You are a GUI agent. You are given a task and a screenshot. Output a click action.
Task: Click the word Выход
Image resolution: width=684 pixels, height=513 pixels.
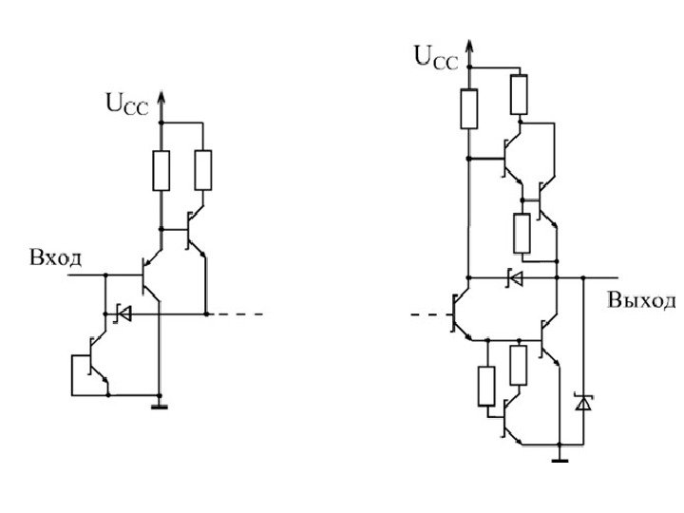pos(641,301)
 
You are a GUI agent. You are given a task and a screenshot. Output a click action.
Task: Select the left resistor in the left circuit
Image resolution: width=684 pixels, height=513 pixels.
pos(160,170)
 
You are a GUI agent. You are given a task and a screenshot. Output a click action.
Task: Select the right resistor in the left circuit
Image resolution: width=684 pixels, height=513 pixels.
pos(202,170)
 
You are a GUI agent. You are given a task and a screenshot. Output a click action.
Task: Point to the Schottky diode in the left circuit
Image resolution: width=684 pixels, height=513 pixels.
pos(121,312)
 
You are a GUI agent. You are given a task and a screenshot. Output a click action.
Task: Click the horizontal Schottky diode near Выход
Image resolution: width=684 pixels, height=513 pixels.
pos(514,278)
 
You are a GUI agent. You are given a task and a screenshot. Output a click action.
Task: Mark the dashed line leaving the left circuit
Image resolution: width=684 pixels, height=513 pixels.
pos(242,313)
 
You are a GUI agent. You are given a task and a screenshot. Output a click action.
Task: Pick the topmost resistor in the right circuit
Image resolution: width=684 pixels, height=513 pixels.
pos(519,93)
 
